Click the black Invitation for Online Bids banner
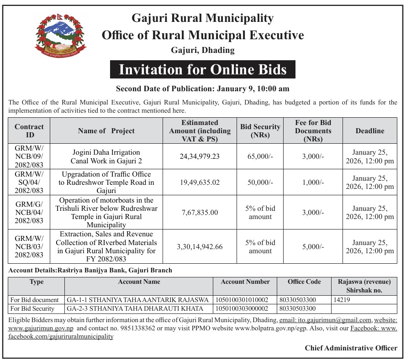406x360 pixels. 202,69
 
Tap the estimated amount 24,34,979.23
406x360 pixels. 200,156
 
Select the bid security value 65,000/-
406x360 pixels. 261,156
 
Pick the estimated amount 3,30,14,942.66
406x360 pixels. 200,246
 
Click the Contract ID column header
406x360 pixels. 29,131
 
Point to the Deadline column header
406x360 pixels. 369,131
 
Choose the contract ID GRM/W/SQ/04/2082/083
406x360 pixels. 29,183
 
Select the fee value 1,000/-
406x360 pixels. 313,183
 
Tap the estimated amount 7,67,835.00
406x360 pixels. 200,212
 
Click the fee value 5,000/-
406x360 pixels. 313,246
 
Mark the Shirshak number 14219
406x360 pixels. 342,300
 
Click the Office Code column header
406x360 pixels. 304,282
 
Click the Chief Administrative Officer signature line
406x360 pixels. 351,348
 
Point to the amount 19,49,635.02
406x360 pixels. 200,183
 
